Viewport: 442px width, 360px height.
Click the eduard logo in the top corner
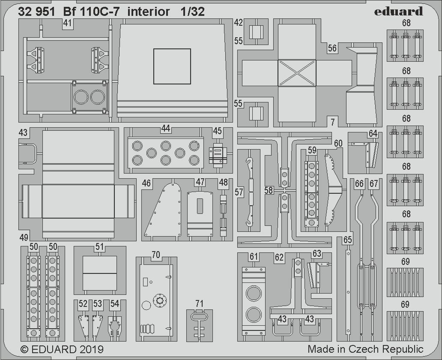(x=398, y=11)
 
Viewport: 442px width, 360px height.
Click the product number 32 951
(x=36, y=12)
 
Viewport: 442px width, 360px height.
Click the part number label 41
(x=67, y=24)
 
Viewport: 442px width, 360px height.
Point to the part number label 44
(x=165, y=128)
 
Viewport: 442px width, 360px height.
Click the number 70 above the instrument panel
(x=156, y=255)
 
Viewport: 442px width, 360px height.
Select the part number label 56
(x=332, y=48)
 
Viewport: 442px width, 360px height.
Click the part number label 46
(x=146, y=183)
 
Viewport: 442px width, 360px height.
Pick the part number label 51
(x=99, y=247)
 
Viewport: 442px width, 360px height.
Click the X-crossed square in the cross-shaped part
(x=297, y=72)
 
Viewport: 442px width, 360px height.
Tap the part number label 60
(x=338, y=144)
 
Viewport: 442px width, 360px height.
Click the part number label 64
(x=373, y=134)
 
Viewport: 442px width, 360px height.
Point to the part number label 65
(x=347, y=240)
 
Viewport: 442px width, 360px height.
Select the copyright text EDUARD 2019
(x=62, y=349)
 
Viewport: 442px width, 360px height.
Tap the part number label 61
(x=254, y=256)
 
